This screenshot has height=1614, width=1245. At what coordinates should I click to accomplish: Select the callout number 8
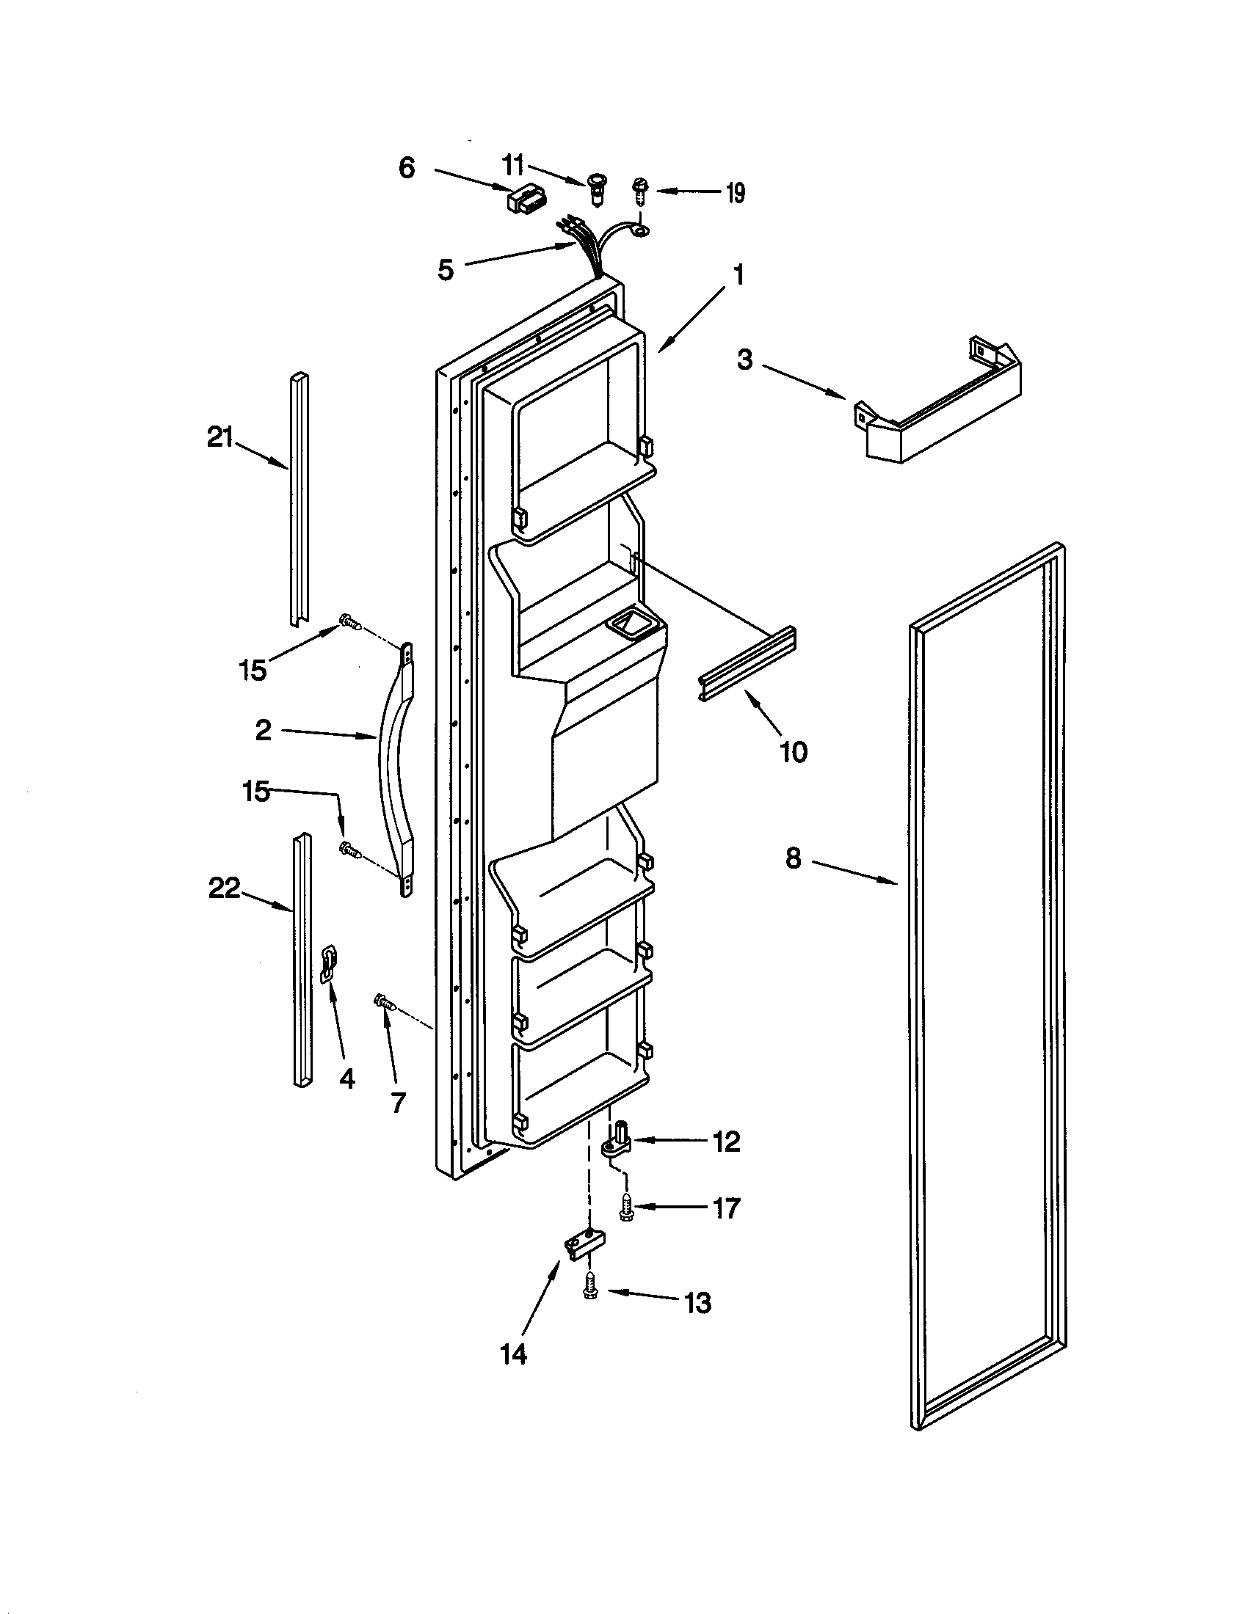tap(793, 858)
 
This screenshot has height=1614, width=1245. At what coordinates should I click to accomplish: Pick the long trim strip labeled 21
tap(299, 499)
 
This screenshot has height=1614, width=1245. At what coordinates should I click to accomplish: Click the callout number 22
tap(224, 888)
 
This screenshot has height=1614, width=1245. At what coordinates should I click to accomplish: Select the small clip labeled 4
tap(327, 964)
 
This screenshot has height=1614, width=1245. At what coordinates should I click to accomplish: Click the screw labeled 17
tap(627, 1208)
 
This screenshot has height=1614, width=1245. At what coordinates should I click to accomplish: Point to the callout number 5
tap(445, 270)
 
